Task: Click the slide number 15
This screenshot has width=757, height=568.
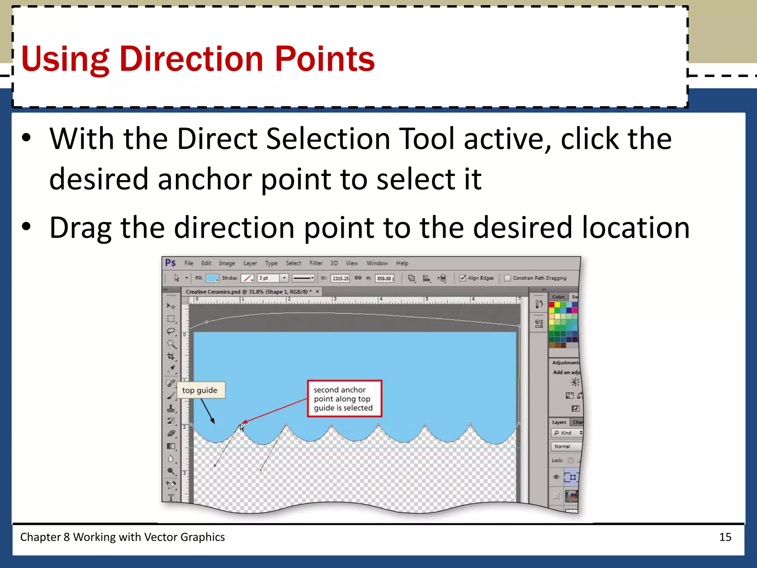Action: pos(725,537)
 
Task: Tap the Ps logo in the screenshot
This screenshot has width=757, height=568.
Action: pos(170,263)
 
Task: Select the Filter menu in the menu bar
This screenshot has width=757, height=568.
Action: pos(316,263)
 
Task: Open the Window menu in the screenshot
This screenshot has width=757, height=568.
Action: pos(377,263)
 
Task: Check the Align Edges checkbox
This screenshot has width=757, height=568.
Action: pos(462,278)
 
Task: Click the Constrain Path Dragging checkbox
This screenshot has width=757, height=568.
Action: pos(508,278)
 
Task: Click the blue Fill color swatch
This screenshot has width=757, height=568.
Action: pos(212,278)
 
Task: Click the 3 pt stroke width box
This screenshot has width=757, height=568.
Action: pos(268,278)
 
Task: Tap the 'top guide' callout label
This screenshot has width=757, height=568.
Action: pos(200,390)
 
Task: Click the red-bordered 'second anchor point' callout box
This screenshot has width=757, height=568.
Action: pos(344,399)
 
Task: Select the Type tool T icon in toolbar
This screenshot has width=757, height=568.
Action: pos(171,498)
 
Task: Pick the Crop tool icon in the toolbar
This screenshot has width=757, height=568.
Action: pos(171,356)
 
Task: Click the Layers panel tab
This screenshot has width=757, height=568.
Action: pos(559,422)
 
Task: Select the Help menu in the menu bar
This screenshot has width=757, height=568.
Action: pos(402,263)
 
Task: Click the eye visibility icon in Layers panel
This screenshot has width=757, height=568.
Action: pos(556,477)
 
